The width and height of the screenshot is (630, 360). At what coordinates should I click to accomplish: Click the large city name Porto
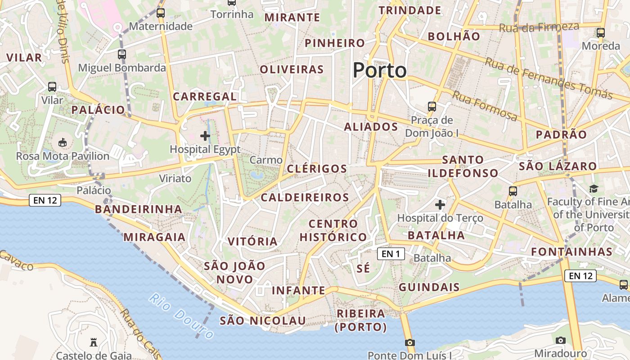point(379,71)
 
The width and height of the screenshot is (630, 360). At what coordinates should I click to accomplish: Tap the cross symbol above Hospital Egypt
point(205,135)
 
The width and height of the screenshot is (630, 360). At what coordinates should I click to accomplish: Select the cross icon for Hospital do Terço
point(440,205)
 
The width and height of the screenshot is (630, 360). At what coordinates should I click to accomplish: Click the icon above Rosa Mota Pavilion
point(63,143)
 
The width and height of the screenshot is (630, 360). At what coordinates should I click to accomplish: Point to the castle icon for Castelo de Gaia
point(94,342)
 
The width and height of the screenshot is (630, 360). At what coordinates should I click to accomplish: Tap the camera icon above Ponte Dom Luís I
point(409,342)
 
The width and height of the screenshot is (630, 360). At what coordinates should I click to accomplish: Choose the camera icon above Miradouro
point(560,340)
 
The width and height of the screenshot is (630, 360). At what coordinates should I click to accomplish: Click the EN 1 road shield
point(391,254)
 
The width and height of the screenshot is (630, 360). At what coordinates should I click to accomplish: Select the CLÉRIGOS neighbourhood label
point(317,169)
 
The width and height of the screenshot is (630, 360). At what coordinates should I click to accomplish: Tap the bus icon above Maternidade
point(161,13)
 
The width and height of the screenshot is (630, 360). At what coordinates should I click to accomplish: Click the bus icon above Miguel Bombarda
point(122,54)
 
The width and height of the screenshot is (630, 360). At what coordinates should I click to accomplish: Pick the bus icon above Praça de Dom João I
point(432,107)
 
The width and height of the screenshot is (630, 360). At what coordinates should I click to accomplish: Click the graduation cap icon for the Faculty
point(594,189)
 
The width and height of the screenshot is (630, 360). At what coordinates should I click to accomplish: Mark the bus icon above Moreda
point(601,32)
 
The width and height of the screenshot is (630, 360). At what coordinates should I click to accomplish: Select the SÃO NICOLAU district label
point(263,321)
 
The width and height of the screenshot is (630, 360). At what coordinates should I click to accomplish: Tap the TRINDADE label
point(410,10)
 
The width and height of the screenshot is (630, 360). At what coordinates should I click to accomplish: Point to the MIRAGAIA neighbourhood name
point(154,237)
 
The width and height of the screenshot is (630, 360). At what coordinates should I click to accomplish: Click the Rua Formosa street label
point(485,106)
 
